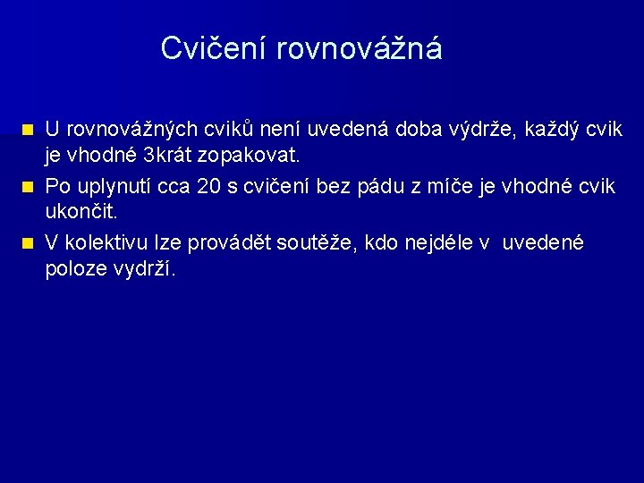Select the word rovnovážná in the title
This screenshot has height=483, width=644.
[360, 48]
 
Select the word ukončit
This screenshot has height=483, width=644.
[81, 213]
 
